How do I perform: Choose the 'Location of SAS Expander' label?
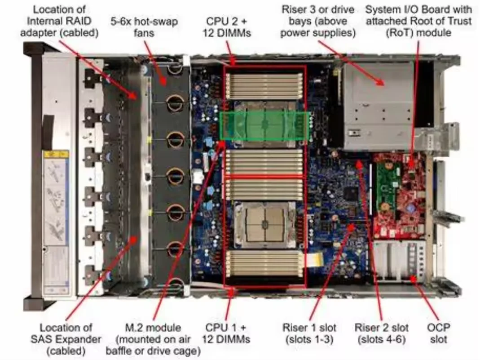tap(66, 333)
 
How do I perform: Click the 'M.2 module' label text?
tap(154, 328)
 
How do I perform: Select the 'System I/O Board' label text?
tap(418, 9)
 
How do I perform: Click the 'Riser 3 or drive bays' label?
tap(318, 21)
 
